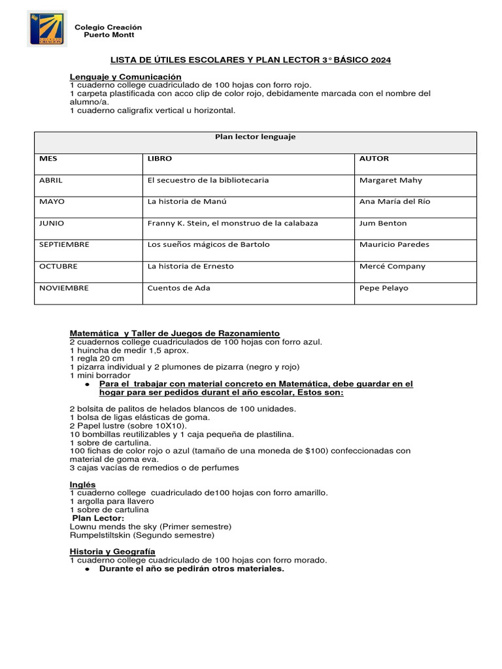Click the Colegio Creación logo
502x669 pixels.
(x=47, y=29)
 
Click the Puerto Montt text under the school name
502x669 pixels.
(x=108, y=35)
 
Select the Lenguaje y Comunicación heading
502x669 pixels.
(x=125, y=76)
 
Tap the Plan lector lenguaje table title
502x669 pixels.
(x=255, y=137)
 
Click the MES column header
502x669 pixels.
(x=49, y=159)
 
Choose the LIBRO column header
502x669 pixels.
(x=160, y=159)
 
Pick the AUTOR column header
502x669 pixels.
(x=374, y=159)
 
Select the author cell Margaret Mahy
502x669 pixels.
(x=391, y=180)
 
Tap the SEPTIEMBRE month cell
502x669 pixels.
(x=64, y=245)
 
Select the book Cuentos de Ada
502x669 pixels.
(x=178, y=288)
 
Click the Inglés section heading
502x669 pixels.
(x=82, y=484)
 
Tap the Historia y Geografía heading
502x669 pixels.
(x=112, y=552)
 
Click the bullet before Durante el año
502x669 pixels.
(x=87, y=569)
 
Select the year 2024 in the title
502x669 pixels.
(x=380, y=60)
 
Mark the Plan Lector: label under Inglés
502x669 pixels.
(x=98, y=518)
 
